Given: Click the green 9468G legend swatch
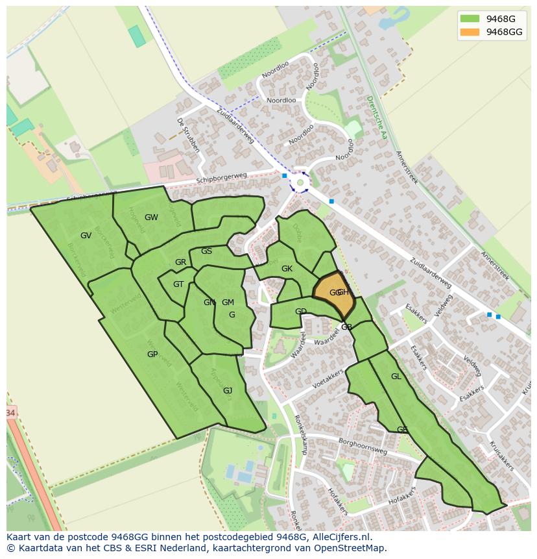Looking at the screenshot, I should pos(470,19).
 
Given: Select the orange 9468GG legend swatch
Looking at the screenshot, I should pos(470,32).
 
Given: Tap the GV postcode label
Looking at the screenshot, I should pos(86,236).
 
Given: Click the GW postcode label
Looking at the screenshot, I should pos(151,217).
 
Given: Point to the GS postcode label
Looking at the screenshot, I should pos(206,251).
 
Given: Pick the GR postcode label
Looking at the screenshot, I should pos(180,262).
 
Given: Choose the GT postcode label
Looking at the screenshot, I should pos(178,284).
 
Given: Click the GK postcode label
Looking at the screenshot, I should pos(287,269).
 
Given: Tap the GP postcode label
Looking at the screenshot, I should pos(152,354).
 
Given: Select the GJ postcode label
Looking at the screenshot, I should pos(228,390).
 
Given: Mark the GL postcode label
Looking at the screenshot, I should pos(396,377).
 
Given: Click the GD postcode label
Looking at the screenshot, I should pos(300,312).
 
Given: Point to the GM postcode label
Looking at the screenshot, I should pos(228,303).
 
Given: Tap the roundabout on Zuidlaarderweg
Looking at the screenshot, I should pos(300,182).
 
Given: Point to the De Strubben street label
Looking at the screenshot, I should pos(189,135).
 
